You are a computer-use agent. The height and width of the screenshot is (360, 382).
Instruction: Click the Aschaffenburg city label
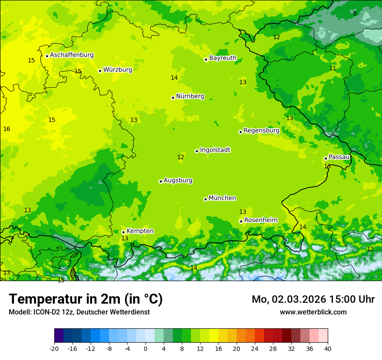[72, 55]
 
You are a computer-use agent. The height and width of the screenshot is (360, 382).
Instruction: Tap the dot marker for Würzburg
[100, 71]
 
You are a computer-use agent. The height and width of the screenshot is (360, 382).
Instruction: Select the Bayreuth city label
[223, 58]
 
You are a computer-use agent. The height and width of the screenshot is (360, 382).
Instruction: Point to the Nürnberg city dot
[173, 98]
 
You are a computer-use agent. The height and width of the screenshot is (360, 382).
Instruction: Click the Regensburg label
[261, 131]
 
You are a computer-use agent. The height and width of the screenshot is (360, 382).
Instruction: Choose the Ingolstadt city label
[215, 150]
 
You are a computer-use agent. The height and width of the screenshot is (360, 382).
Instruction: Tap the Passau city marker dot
[326, 158]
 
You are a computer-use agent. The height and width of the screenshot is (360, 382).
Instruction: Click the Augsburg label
[178, 180]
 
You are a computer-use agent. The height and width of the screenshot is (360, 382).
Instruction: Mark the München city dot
[205, 199]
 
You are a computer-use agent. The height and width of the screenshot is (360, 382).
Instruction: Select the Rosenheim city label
[260, 220]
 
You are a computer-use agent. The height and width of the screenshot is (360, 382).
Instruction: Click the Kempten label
[140, 231]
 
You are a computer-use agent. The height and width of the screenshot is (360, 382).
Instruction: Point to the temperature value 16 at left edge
[7, 129]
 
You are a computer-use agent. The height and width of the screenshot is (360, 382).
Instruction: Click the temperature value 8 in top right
[355, 13]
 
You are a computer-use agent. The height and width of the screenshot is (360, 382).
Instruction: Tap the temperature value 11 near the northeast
[333, 68]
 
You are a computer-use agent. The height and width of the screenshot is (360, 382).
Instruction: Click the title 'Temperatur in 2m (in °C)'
[86, 299]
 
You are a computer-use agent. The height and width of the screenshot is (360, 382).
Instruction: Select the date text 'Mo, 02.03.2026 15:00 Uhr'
[313, 299]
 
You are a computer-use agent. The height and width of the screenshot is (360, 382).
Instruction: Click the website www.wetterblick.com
[313, 312]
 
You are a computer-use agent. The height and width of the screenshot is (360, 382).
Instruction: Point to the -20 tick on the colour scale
[54, 348]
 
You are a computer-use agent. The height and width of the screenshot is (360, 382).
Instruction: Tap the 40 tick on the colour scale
[327, 348]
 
